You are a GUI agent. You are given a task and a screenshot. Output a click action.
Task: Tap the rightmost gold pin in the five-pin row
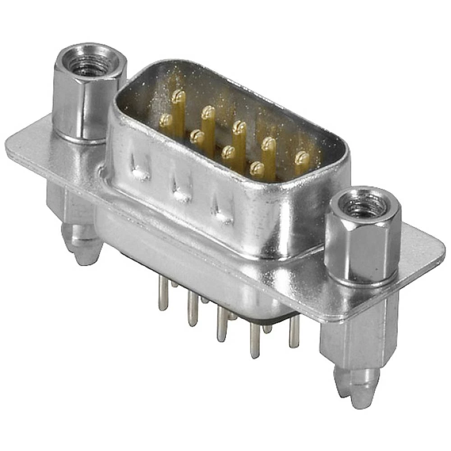[302, 158]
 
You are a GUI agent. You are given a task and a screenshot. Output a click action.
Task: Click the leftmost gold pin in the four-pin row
[166, 120]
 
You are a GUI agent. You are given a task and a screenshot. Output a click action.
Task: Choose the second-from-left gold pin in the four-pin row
[197, 136]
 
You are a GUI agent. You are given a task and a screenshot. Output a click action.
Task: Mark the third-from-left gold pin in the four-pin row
[229, 153]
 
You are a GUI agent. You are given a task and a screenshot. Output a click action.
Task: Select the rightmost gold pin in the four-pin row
[257, 169]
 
